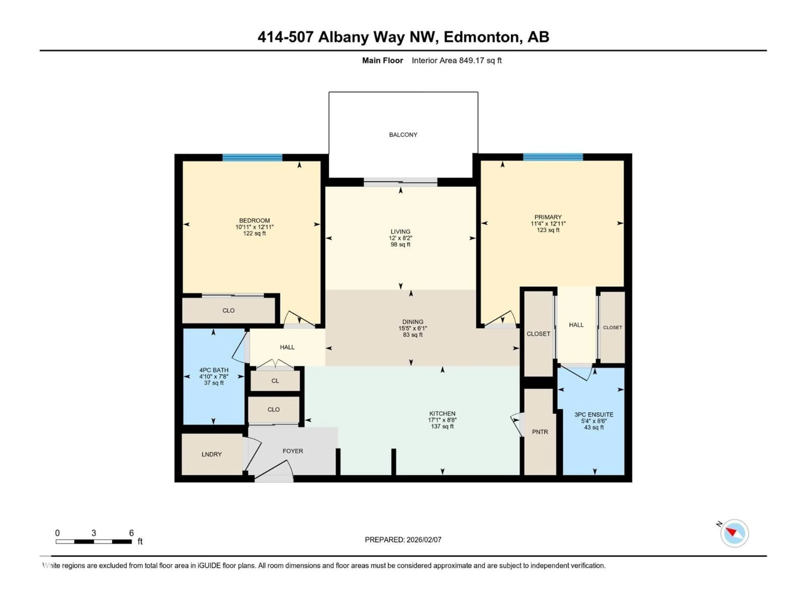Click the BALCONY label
pyautogui.click(x=403, y=135)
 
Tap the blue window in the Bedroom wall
pyautogui.click(x=252, y=158)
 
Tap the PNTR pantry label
pyautogui.click(x=540, y=432)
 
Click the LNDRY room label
pyautogui.click(x=212, y=454)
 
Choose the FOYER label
pyautogui.click(x=293, y=451)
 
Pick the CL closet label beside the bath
pyautogui.click(x=275, y=381)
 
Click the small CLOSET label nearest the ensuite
pyautogui.click(x=612, y=327)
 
